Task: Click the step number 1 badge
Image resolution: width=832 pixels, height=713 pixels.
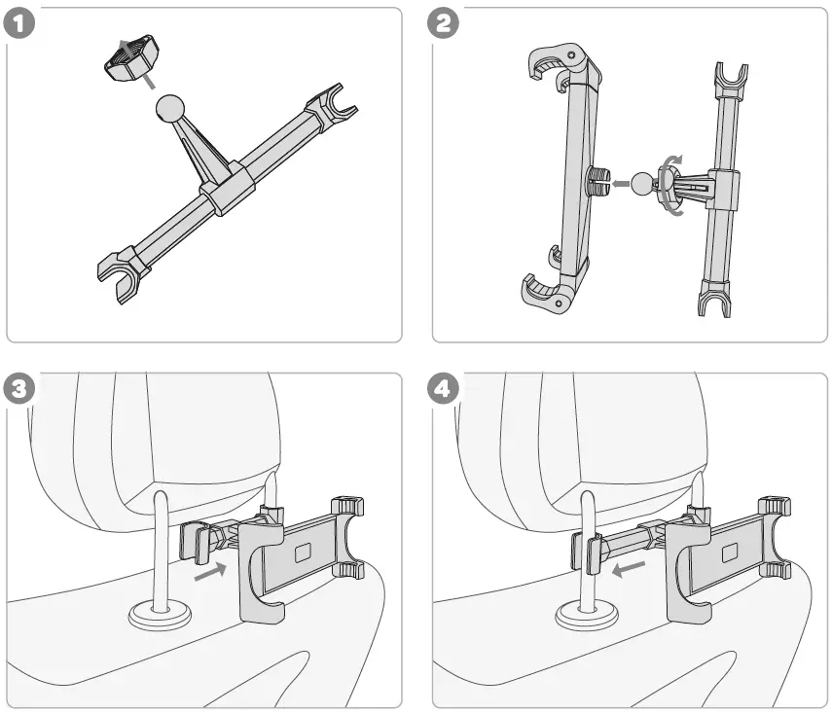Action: tap(20, 23)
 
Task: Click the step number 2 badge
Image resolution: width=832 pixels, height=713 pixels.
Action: tap(446, 23)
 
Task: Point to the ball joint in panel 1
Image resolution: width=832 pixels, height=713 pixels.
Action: tap(172, 110)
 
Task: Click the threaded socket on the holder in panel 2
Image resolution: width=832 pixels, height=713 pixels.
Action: tap(597, 180)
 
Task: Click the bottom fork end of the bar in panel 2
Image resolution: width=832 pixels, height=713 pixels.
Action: tap(714, 299)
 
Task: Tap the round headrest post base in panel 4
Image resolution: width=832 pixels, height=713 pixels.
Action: tap(586, 615)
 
